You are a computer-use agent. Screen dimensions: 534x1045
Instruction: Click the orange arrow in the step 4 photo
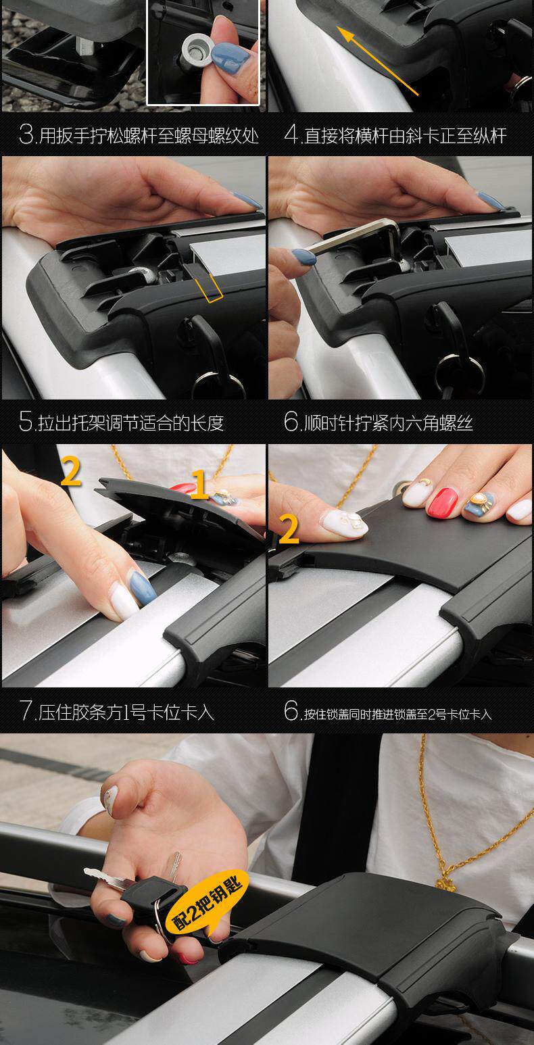[377, 61]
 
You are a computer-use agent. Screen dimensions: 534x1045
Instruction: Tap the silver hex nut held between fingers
[198, 52]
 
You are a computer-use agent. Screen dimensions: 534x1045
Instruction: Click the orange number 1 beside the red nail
[199, 484]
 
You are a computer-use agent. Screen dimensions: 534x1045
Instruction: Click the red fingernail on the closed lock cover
[443, 503]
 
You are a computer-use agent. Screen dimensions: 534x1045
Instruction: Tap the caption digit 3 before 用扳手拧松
[26, 135]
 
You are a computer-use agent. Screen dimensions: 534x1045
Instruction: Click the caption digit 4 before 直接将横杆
[291, 135]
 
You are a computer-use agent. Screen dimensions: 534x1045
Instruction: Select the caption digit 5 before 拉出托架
[26, 421]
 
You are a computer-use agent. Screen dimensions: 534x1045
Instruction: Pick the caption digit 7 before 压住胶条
[26, 711]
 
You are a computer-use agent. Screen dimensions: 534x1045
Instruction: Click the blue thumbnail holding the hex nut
[229, 58]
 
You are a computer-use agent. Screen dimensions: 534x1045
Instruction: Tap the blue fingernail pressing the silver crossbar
[142, 588]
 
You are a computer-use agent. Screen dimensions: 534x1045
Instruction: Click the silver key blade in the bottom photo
[105, 876]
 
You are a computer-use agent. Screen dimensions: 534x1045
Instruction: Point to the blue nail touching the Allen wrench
[304, 257]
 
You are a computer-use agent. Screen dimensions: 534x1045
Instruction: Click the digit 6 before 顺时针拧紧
[291, 421]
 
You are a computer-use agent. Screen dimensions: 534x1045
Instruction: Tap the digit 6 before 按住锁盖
[291, 711]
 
